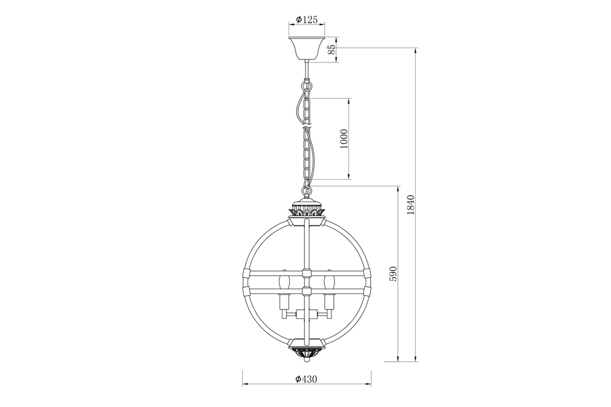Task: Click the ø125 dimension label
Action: [307, 20]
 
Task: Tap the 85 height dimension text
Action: [331, 49]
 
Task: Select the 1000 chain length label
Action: [344, 138]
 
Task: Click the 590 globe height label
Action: [393, 274]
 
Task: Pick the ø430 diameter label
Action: [307, 379]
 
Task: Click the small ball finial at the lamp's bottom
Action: [307, 363]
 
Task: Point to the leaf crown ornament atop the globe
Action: [307, 209]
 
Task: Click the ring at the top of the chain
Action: [307, 86]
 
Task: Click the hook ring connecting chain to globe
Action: [307, 191]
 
